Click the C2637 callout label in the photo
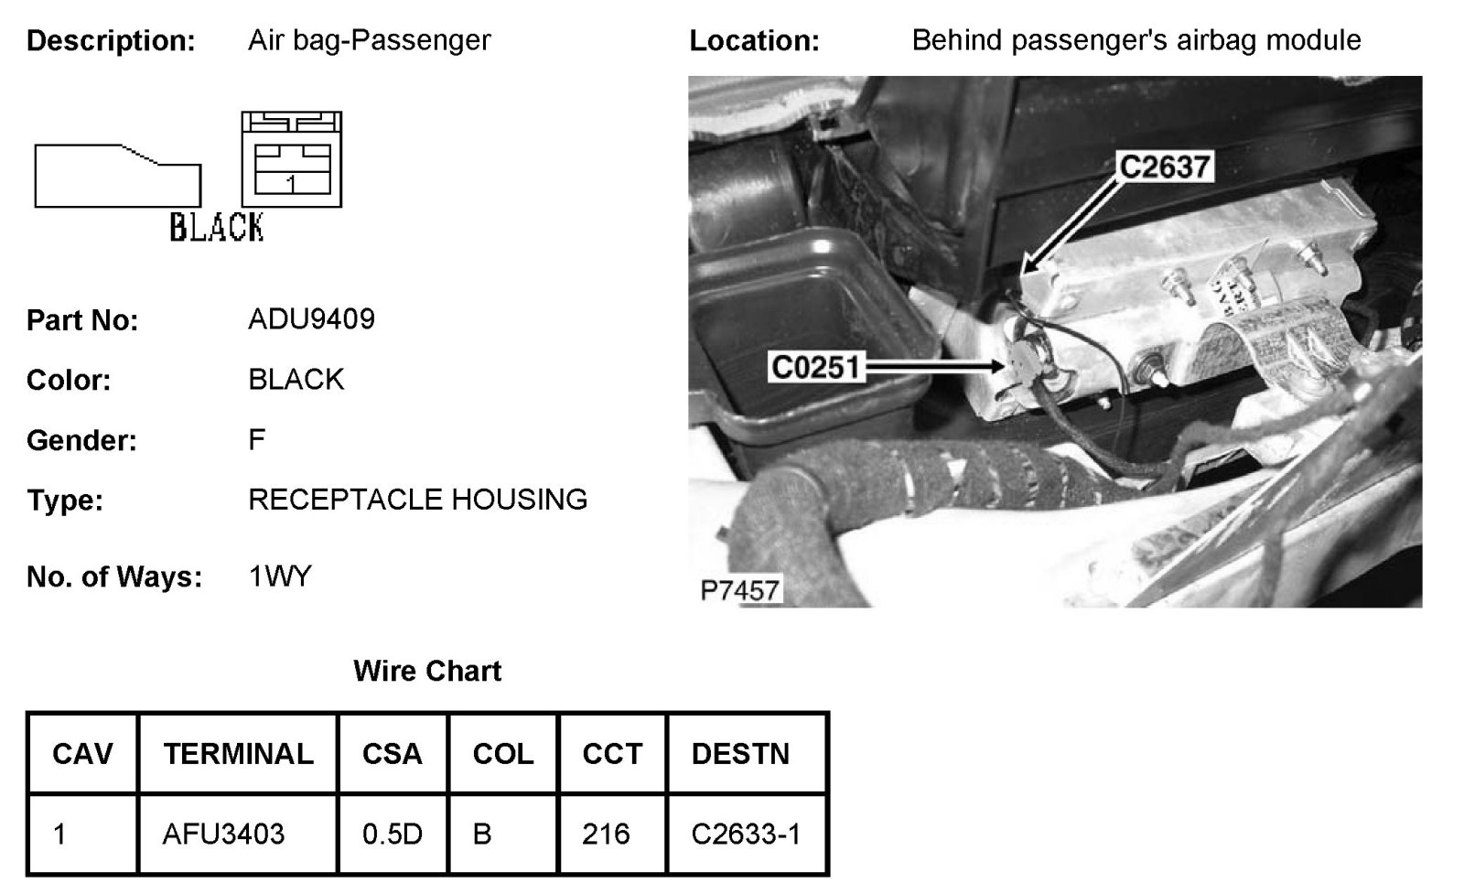(1165, 167)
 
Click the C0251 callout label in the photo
(816, 367)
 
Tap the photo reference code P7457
(739, 590)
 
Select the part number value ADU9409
(311, 319)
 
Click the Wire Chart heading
(427, 671)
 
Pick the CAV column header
(82, 754)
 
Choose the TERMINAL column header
(238, 754)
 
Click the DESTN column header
(740, 754)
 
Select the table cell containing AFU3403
(223, 834)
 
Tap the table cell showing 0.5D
(392, 834)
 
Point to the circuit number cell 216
(606, 834)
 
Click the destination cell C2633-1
(746, 834)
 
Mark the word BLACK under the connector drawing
(217, 227)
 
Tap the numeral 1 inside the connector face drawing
(290, 184)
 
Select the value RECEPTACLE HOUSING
(417, 500)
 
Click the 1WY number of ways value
(280, 576)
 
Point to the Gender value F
(256, 440)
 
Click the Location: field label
(754, 41)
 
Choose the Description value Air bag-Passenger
(369, 40)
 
